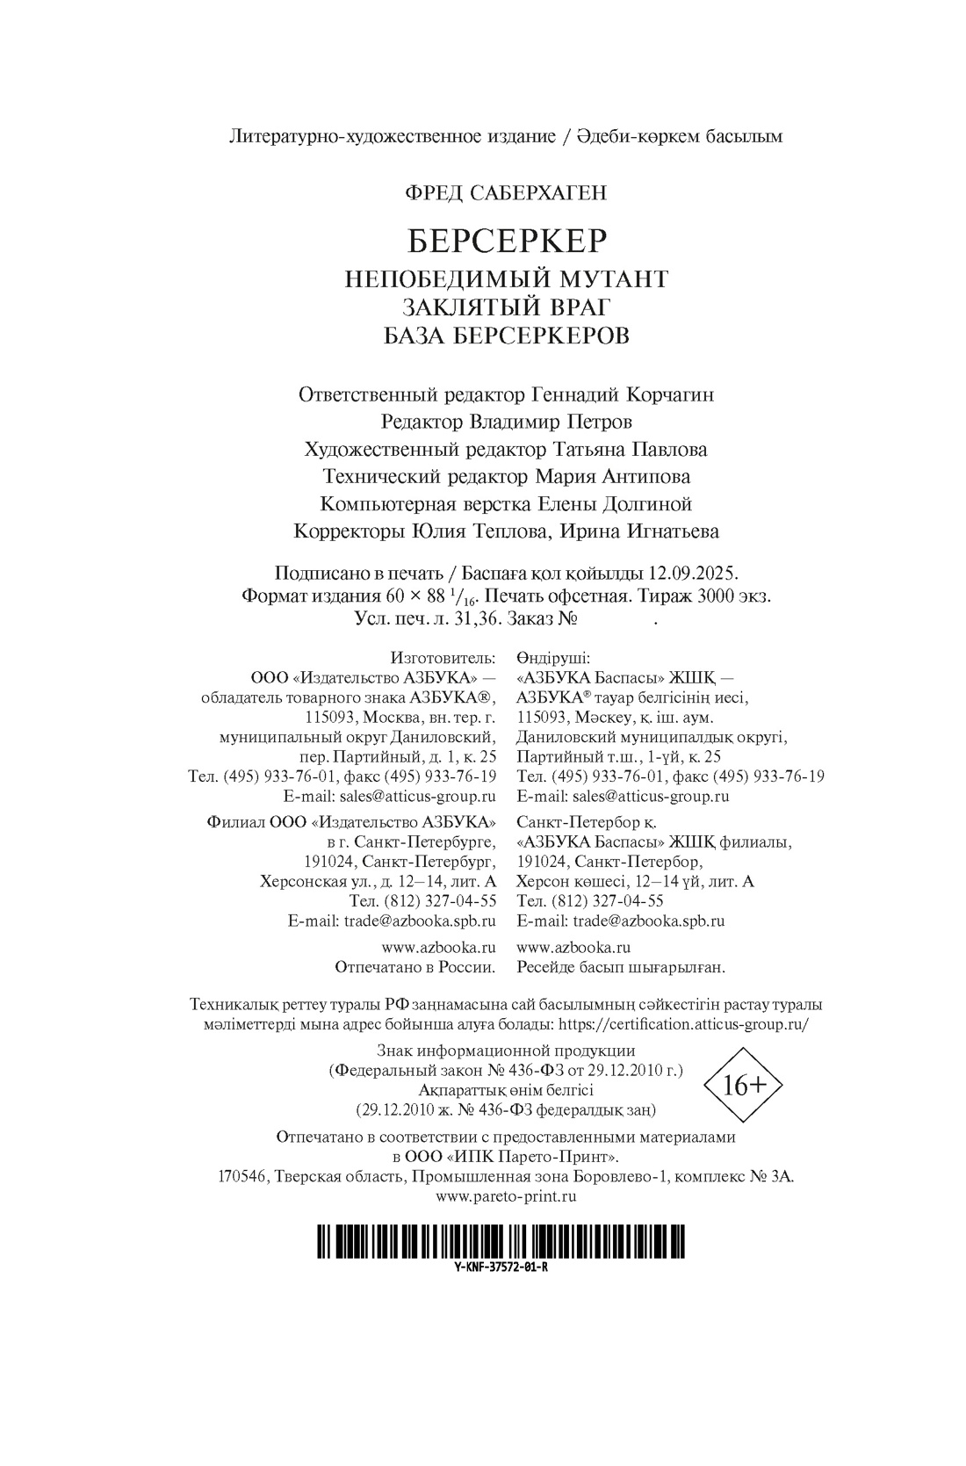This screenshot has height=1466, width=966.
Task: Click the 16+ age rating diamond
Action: tap(745, 1086)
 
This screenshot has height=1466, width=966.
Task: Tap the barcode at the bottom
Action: tap(501, 1244)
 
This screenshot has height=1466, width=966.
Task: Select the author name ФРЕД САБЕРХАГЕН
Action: tap(506, 192)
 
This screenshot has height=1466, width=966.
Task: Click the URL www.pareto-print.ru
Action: tap(506, 1195)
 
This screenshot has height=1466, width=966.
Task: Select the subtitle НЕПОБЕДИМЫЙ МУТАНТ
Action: tap(507, 279)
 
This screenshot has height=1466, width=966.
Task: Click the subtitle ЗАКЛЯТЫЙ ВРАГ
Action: tap(506, 307)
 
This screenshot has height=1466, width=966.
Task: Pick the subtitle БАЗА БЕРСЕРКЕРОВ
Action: tap(507, 336)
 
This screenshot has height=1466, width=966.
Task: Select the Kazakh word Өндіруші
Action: tap(553, 657)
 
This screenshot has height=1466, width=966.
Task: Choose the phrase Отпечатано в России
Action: tap(415, 967)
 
